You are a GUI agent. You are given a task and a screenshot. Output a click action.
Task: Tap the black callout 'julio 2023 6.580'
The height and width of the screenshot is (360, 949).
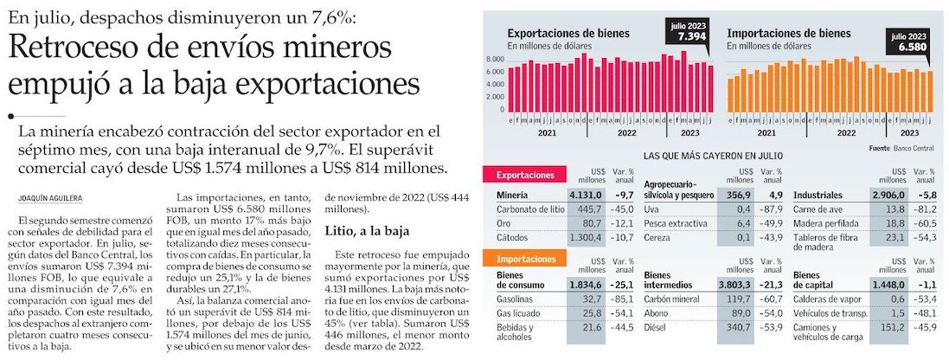(908, 40)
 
